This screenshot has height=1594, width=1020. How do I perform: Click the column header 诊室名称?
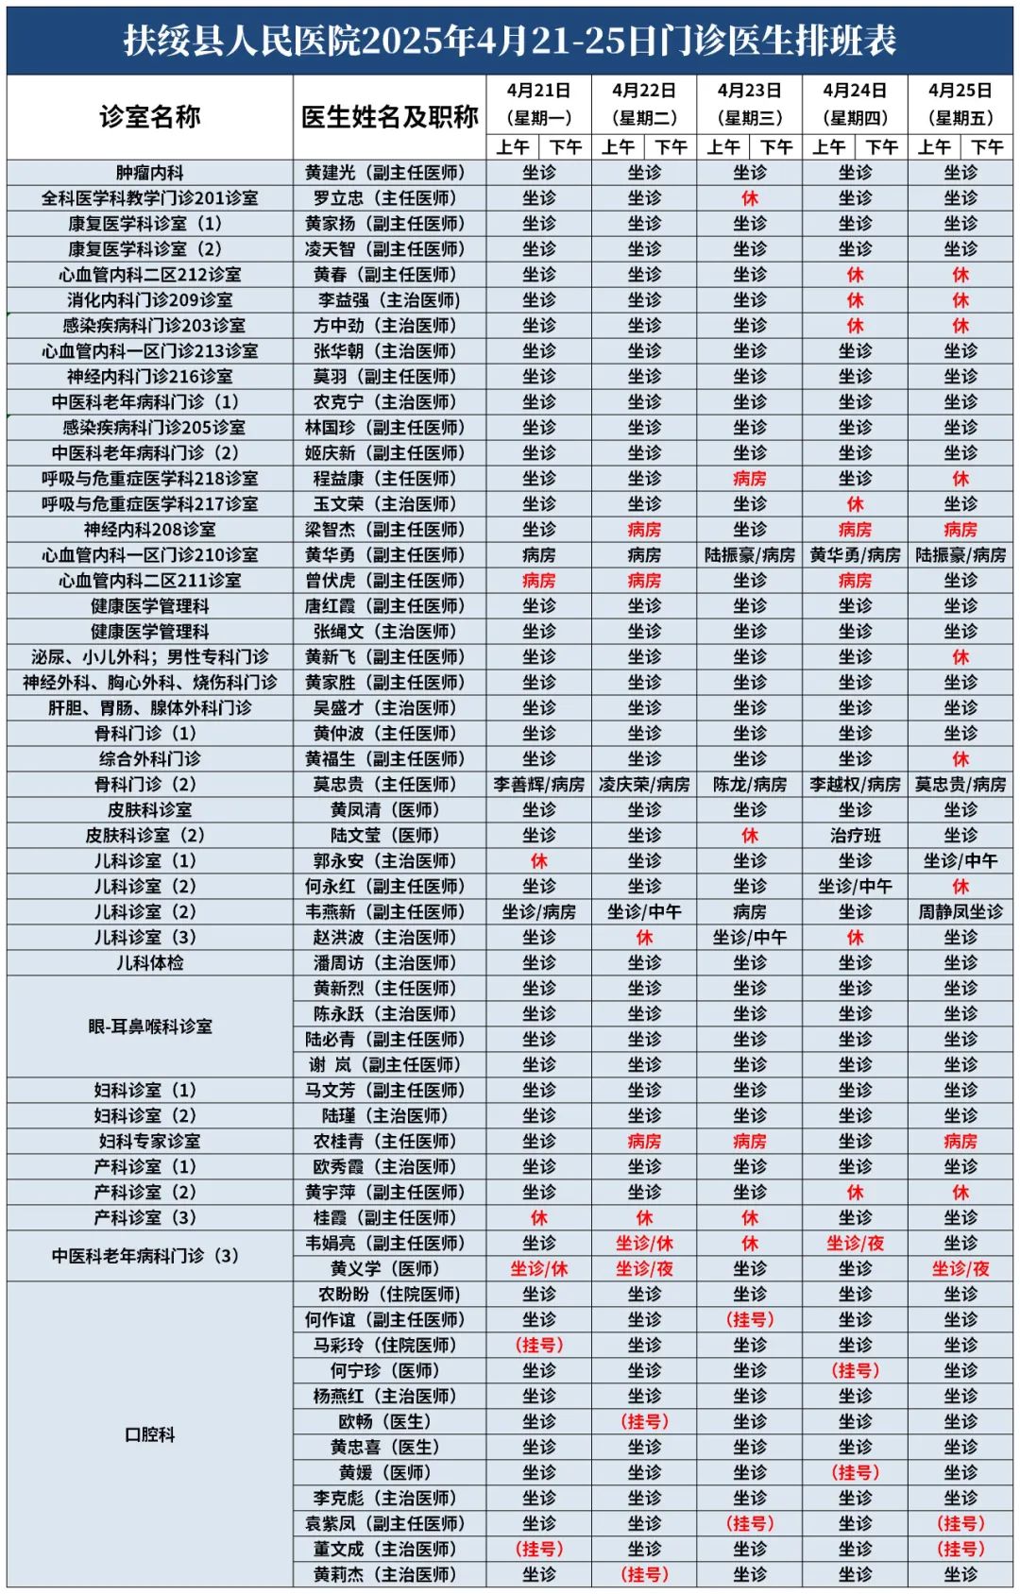coord(149,117)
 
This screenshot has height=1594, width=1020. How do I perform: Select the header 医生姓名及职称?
coord(389,117)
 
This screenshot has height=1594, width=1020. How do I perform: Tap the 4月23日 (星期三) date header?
coord(749,104)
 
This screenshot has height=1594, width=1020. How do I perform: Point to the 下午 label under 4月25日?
coord(987,147)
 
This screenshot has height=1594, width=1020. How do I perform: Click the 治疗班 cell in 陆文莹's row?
coord(855,836)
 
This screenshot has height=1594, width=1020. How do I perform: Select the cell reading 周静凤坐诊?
coord(960,912)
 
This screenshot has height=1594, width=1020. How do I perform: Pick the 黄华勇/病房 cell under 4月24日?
coord(855,555)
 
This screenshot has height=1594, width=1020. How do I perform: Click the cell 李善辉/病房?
coord(538,785)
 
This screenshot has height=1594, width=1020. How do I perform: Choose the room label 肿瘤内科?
coord(149,173)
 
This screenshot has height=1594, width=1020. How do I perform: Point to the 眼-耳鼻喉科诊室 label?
coord(149,1026)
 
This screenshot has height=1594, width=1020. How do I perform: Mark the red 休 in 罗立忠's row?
coord(749,198)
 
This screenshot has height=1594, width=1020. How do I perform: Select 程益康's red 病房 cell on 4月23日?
coord(749,479)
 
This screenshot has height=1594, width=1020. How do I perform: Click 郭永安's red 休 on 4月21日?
coord(538,861)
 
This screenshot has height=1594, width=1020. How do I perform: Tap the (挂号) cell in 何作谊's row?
coord(749,1320)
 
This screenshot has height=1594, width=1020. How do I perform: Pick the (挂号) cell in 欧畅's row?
coord(644,1422)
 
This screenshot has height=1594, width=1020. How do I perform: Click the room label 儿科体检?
coord(149,963)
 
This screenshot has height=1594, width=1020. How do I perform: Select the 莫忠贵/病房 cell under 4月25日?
coord(960,785)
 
